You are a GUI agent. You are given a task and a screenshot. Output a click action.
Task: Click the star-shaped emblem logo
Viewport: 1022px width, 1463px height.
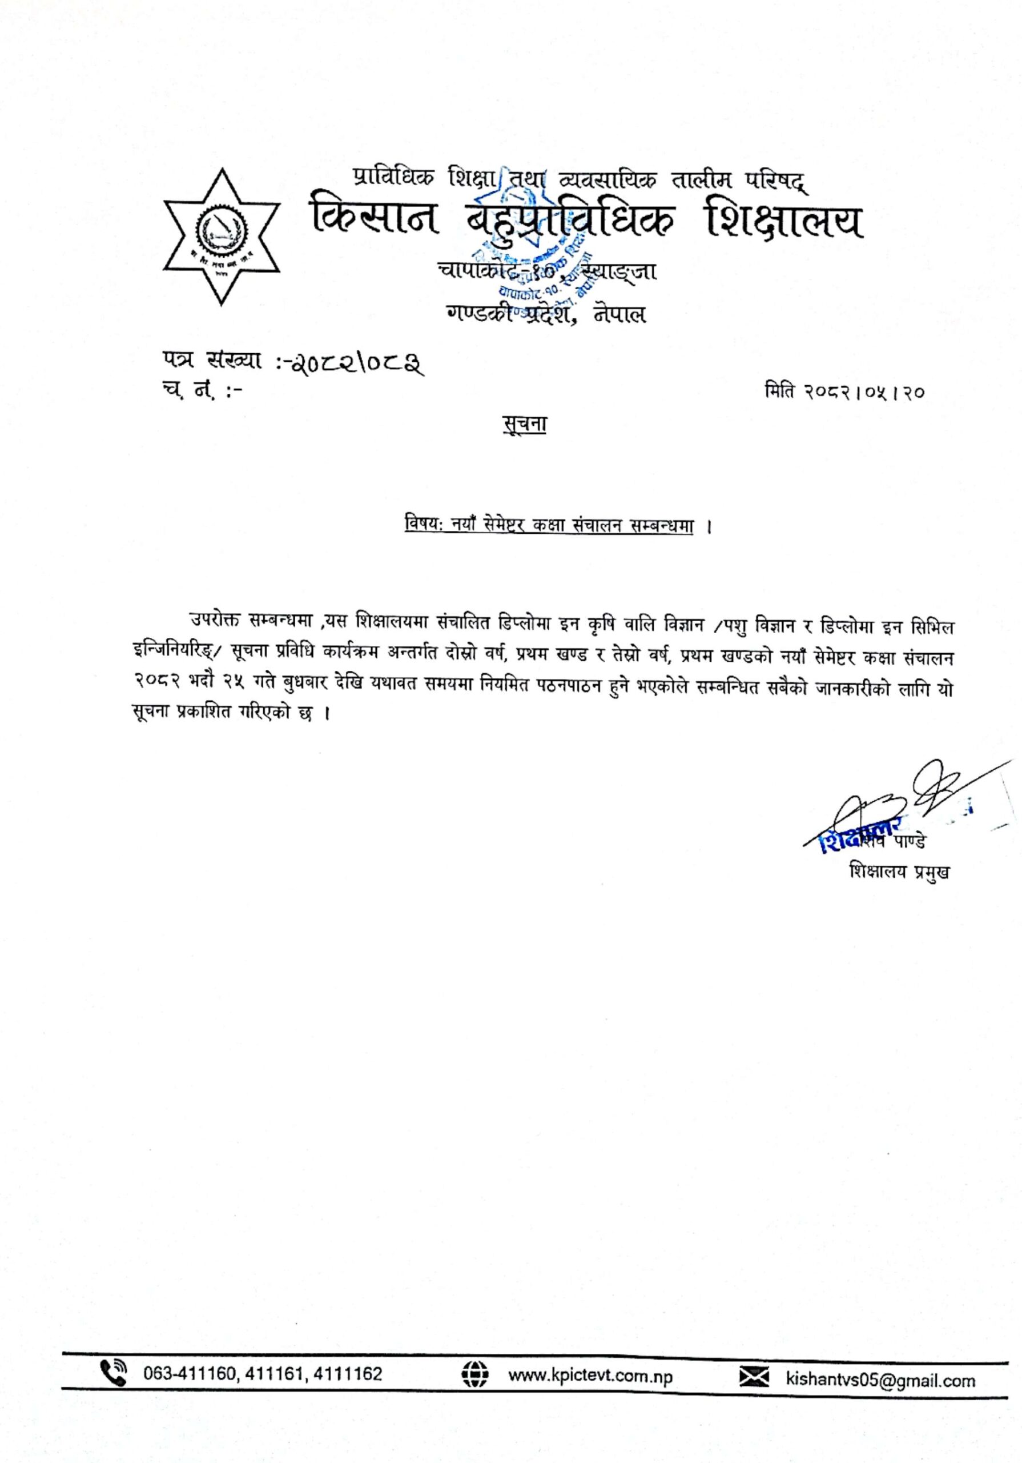222,237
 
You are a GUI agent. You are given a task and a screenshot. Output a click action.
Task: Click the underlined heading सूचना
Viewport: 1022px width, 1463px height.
524,425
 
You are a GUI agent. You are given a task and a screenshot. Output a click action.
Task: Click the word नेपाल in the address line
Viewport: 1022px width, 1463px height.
618,314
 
